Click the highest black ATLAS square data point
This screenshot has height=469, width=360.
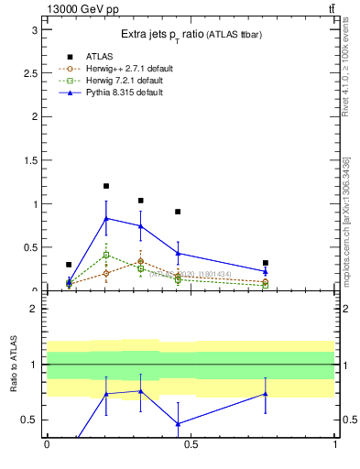click(106, 186)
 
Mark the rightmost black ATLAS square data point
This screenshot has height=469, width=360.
click(265, 263)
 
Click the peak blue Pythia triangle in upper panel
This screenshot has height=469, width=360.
click(106, 218)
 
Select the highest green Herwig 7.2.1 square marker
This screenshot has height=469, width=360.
click(106, 255)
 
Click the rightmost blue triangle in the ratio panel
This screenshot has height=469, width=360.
click(265, 394)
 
